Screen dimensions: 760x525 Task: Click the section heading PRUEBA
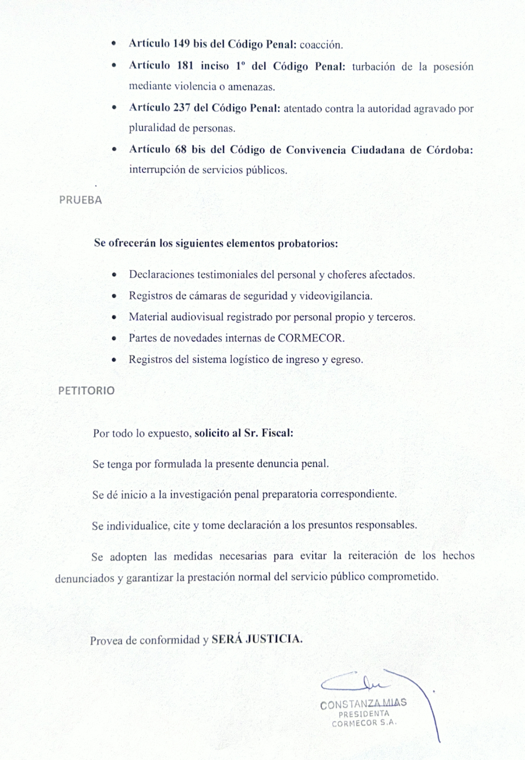pos(80,200)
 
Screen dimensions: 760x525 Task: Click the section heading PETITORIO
pos(86,390)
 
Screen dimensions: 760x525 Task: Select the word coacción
pos(321,44)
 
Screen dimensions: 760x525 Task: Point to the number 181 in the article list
pos(185,66)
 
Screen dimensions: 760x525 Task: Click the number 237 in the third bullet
pos(181,108)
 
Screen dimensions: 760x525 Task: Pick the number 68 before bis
pos(180,150)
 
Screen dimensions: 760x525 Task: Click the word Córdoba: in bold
pos(449,150)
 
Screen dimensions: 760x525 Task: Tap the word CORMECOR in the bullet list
pos(311,338)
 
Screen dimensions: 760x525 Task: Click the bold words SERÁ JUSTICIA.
pos(257,639)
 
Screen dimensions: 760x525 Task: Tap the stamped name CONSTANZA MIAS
pos(363,704)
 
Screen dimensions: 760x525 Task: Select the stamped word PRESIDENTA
pos(364,714)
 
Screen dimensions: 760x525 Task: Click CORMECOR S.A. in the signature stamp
pos(364,723)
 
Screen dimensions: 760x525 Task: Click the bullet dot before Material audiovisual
pos(114,317)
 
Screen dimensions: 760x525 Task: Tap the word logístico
pos(249,360)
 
